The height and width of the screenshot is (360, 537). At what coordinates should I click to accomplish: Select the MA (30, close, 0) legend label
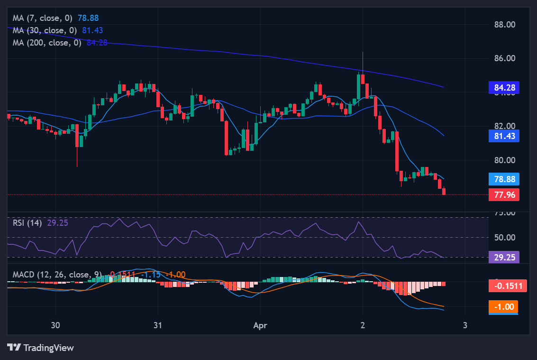46,30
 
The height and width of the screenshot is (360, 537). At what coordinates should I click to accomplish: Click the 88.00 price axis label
504,25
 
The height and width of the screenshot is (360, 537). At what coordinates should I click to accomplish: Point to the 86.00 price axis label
504,59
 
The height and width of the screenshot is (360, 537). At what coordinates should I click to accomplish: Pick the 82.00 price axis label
504,126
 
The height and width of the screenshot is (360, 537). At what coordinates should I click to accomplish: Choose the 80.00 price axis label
504,160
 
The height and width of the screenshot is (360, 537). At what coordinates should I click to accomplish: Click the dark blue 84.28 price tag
504,87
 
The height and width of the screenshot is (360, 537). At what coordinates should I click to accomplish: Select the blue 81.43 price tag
504,136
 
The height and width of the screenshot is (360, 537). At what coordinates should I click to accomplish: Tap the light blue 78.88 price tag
504,179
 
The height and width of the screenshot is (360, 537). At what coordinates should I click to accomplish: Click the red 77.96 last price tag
504,194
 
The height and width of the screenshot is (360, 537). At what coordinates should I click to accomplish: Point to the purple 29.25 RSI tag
504,257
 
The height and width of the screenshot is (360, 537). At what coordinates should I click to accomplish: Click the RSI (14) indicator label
27,222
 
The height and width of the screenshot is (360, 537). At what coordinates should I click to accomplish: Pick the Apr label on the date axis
260,325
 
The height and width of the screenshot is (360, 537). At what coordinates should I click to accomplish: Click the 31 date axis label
158,325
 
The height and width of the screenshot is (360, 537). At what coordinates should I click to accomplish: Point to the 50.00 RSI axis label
504,237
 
